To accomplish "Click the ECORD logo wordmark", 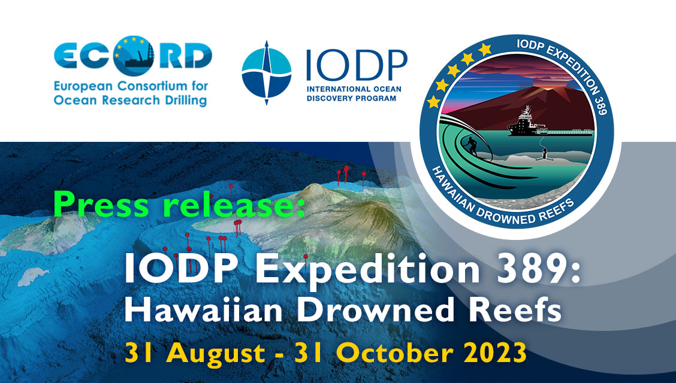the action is point(133,56).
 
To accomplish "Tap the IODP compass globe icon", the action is point(267,73).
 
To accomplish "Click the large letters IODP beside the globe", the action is point(357,65).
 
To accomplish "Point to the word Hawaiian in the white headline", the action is point(204,309).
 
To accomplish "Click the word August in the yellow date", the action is point(216,353).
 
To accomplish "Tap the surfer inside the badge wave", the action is point(472,146).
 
